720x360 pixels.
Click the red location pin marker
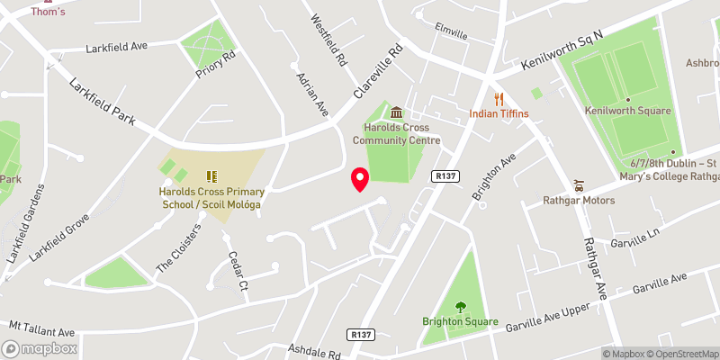point(360,179)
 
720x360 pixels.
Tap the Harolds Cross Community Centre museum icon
point(396,112)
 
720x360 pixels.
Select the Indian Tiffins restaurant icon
point(498,99)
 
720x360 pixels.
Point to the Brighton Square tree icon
point(461,307)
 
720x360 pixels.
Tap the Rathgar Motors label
point(579,200)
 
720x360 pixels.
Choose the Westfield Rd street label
point(328,40)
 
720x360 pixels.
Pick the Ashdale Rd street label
point(314,349)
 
